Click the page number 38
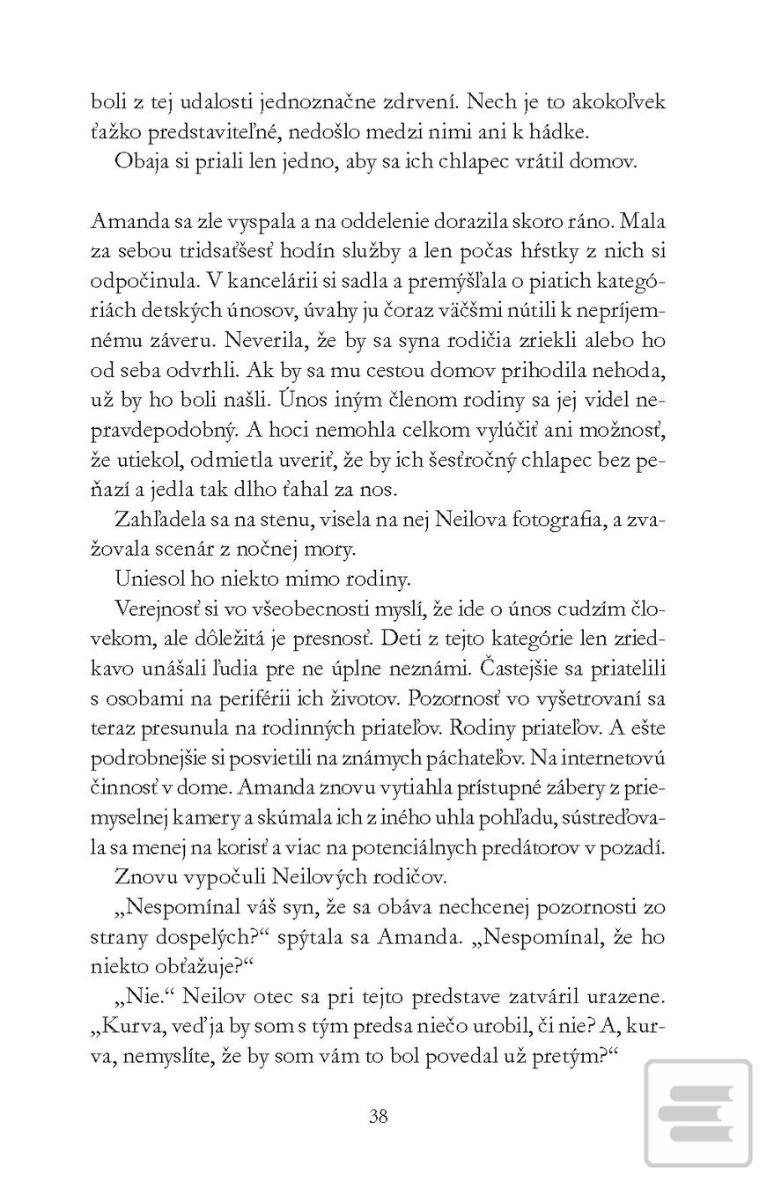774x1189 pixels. coord(378,1116)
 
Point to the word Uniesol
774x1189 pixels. coord(147,579)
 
